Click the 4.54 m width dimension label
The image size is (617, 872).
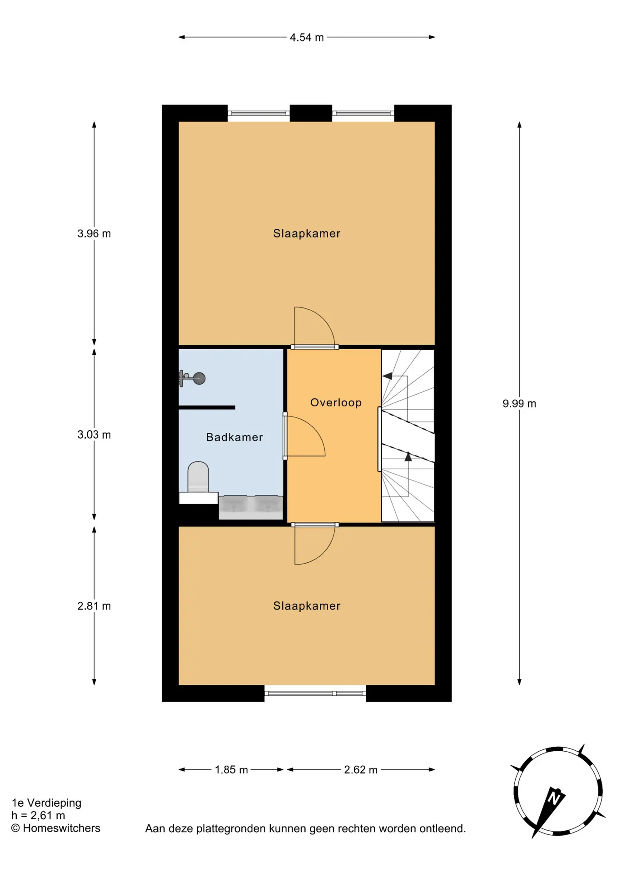pyautogui.click(x=307, y=38)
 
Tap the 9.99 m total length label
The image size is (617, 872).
pyautogui.click(x=519, y=404)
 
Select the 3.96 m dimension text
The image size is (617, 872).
pyautogui.click(x=94, y=234)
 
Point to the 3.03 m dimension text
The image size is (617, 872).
pyautogui.click(x=94, y=435)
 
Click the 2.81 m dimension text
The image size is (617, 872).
pyautogui.click(x=94, y=606)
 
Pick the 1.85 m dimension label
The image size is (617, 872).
pyautogui.click(x=231, y=770)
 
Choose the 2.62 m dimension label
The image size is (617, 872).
pyautogui.click(x=361, y=770)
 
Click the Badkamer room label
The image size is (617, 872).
pyautogui.click(x=234, y=437)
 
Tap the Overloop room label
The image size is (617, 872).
pyautogui.click(x=336, y=403)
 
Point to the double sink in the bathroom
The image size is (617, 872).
pyautogui.click(x=251, y=507)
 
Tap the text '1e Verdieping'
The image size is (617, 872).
pyautogui.click(x=46, y=803)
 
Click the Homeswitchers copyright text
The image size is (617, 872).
pyautogui.click(x=55, y=828)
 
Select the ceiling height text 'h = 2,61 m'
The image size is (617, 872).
pyautogui.click(x=38, y=815)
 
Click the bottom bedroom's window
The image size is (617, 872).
pyautogui.click(x=315, y=693)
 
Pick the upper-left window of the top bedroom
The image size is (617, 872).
pyautogui.click(x=259, y=113)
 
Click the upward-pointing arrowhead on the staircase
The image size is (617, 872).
pyautogui.click(x=408, y=456)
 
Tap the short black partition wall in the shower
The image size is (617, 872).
pyautogui.click(x=207, y=407)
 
